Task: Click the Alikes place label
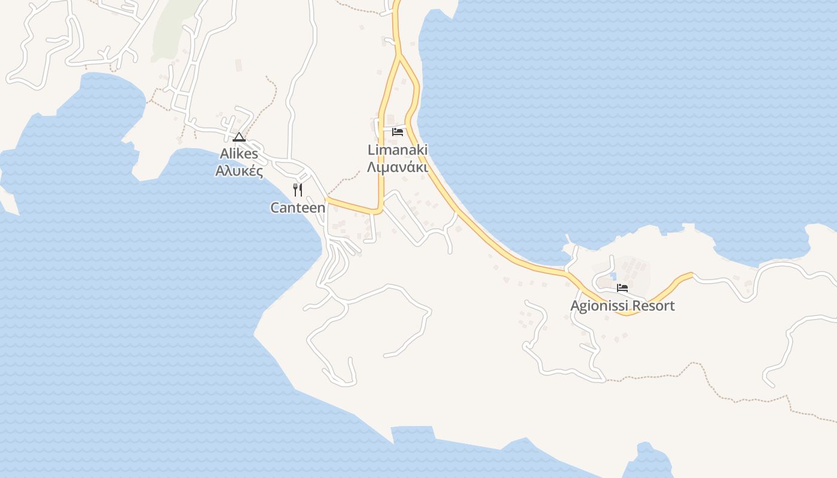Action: click(239, 154)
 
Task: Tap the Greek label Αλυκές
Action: click(239, 171)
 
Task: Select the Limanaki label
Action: click(398, 150)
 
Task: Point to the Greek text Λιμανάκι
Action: click(398, 167)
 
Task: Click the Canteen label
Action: click(298, 208)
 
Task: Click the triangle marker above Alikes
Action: click(239, 137)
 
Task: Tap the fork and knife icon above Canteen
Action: click(298, 190)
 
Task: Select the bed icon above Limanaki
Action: click(398, 131)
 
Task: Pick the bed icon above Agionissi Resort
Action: click(622, 288)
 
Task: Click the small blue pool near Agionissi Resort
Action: click(612, 277)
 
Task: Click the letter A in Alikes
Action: click(224, 154)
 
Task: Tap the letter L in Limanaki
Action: click(371, 150)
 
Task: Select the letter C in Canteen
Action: click(276, 208)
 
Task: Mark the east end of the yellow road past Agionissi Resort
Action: click(691, 275)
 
